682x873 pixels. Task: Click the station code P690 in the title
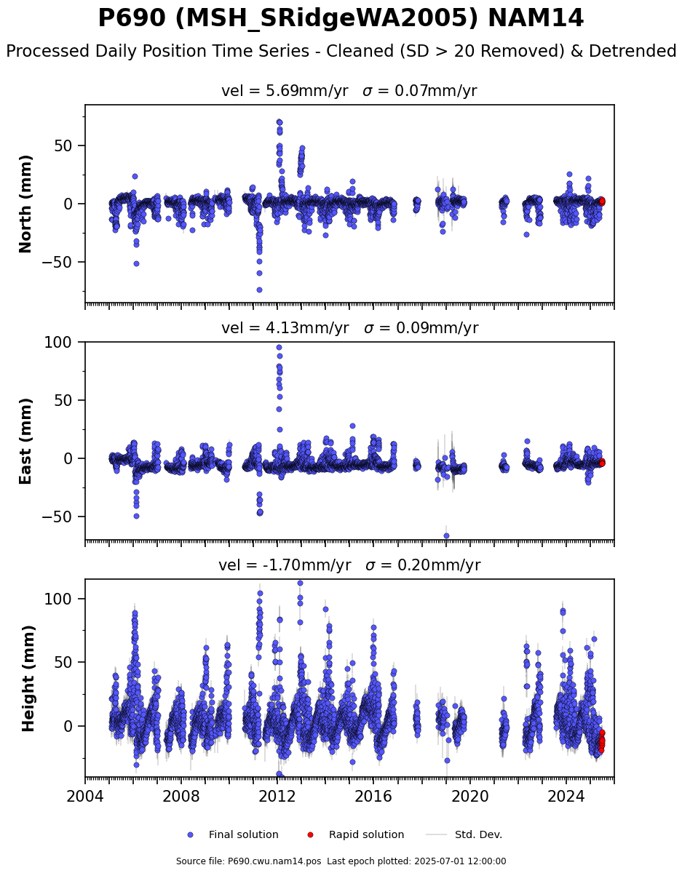[x=132, y=18]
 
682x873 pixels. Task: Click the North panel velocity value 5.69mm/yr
[x=307, y=91]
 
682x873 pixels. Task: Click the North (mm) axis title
[x=25, y=204]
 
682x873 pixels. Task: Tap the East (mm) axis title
[x=25, y=441]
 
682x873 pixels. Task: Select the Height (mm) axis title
[x=28, y=679]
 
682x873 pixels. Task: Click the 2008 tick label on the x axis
[x=181, y=795]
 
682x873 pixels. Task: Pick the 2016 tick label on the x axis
[x=373, y=795]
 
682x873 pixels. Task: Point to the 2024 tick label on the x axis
[x=566, y=795]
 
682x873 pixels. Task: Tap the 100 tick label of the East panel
[x=58, y=343]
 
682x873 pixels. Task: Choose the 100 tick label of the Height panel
[x=58, y=599]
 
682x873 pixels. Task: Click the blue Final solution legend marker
[x=191, y=835]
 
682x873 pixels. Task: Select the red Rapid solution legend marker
[x=310, y=835]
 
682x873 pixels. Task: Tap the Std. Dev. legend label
[x=479, y=835]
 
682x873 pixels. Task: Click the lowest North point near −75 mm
[x=259, y=290]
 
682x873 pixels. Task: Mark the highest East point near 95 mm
[x=279, y=348]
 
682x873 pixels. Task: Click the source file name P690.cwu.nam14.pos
[x=274, y=861]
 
